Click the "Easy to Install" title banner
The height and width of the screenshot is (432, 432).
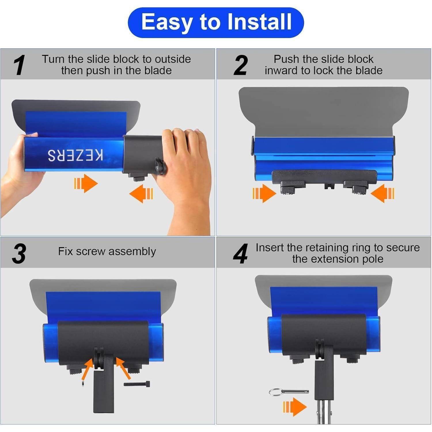click(x=216, y=22)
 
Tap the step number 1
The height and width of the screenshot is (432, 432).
click(x=19, y=65)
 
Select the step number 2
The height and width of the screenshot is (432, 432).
click(x=241, y=65)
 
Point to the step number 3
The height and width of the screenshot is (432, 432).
click(x=19, y=254)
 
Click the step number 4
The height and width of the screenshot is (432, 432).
click(x=240, y=254)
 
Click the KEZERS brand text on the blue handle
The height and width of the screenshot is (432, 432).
click(x=75, y=155)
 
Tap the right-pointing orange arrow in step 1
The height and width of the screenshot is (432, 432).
click(x=86, y=183)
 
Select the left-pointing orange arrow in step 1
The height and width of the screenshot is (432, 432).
click(x=141, y=194)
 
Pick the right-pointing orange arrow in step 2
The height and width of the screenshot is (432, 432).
click(x=264, y=193)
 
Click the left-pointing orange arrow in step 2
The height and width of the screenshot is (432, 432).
click(x=382, y=193)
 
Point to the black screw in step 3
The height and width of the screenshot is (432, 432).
click(x=137, y=384)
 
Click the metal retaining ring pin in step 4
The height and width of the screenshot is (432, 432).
click(x=289, y=392)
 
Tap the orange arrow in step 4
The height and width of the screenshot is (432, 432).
click(x=295, y=407)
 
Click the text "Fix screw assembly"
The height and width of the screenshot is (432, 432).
click(x=107, y=251)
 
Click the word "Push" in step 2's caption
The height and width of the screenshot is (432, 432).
click(x=286, y=59)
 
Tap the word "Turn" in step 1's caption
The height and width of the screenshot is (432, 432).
click(x=54, y=59)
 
